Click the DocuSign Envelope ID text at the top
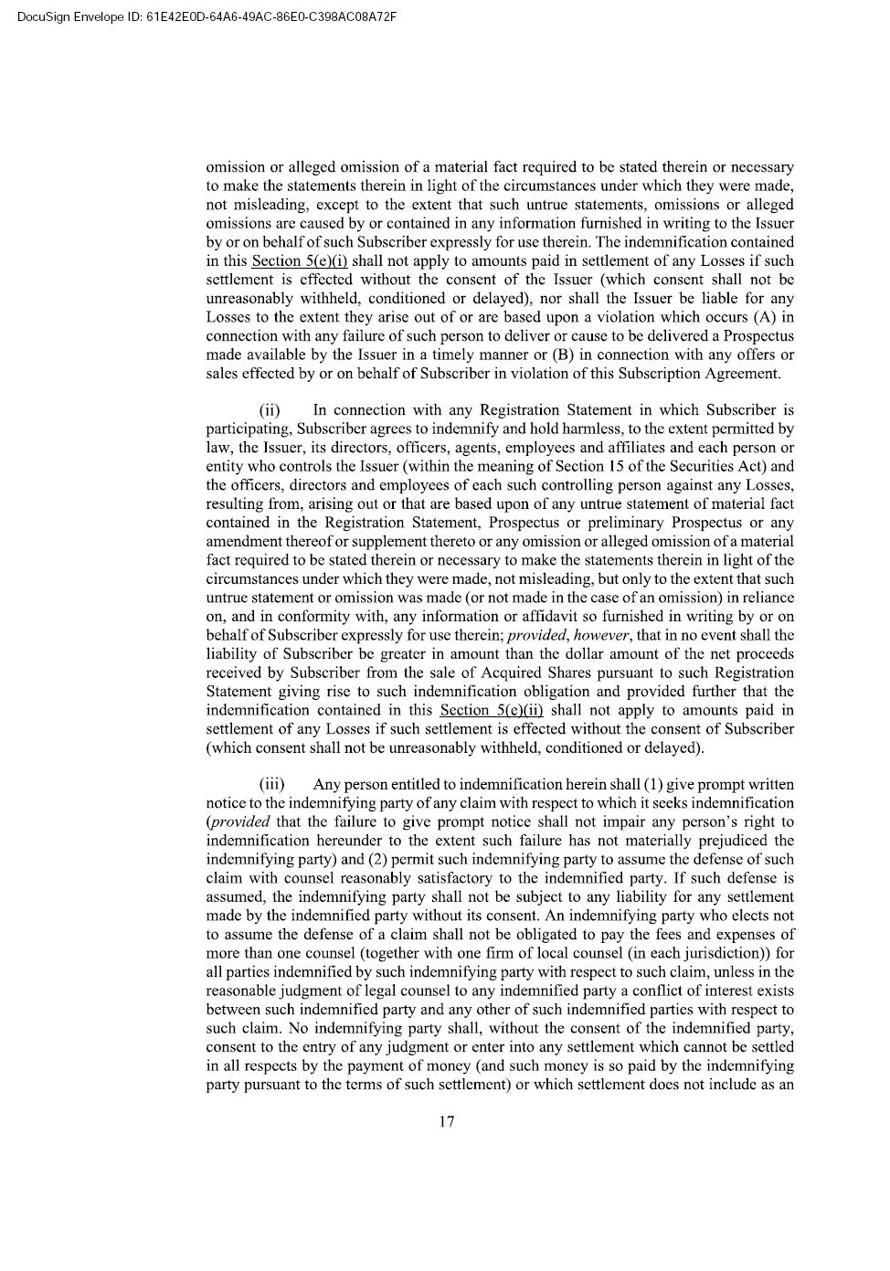tap(207, 16)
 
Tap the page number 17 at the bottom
tap(447, 1122)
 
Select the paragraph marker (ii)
tap(270, 410)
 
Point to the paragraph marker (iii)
tap(271, 785)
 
